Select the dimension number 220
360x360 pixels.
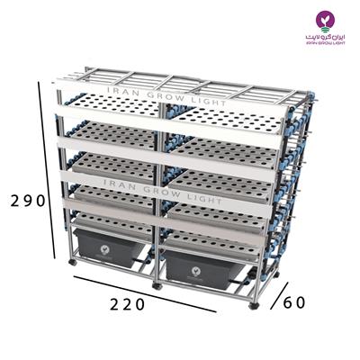point(128,304)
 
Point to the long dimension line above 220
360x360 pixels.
point(144,292)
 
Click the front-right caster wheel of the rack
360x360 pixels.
point(254,305)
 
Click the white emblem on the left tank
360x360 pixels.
point(107,246)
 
